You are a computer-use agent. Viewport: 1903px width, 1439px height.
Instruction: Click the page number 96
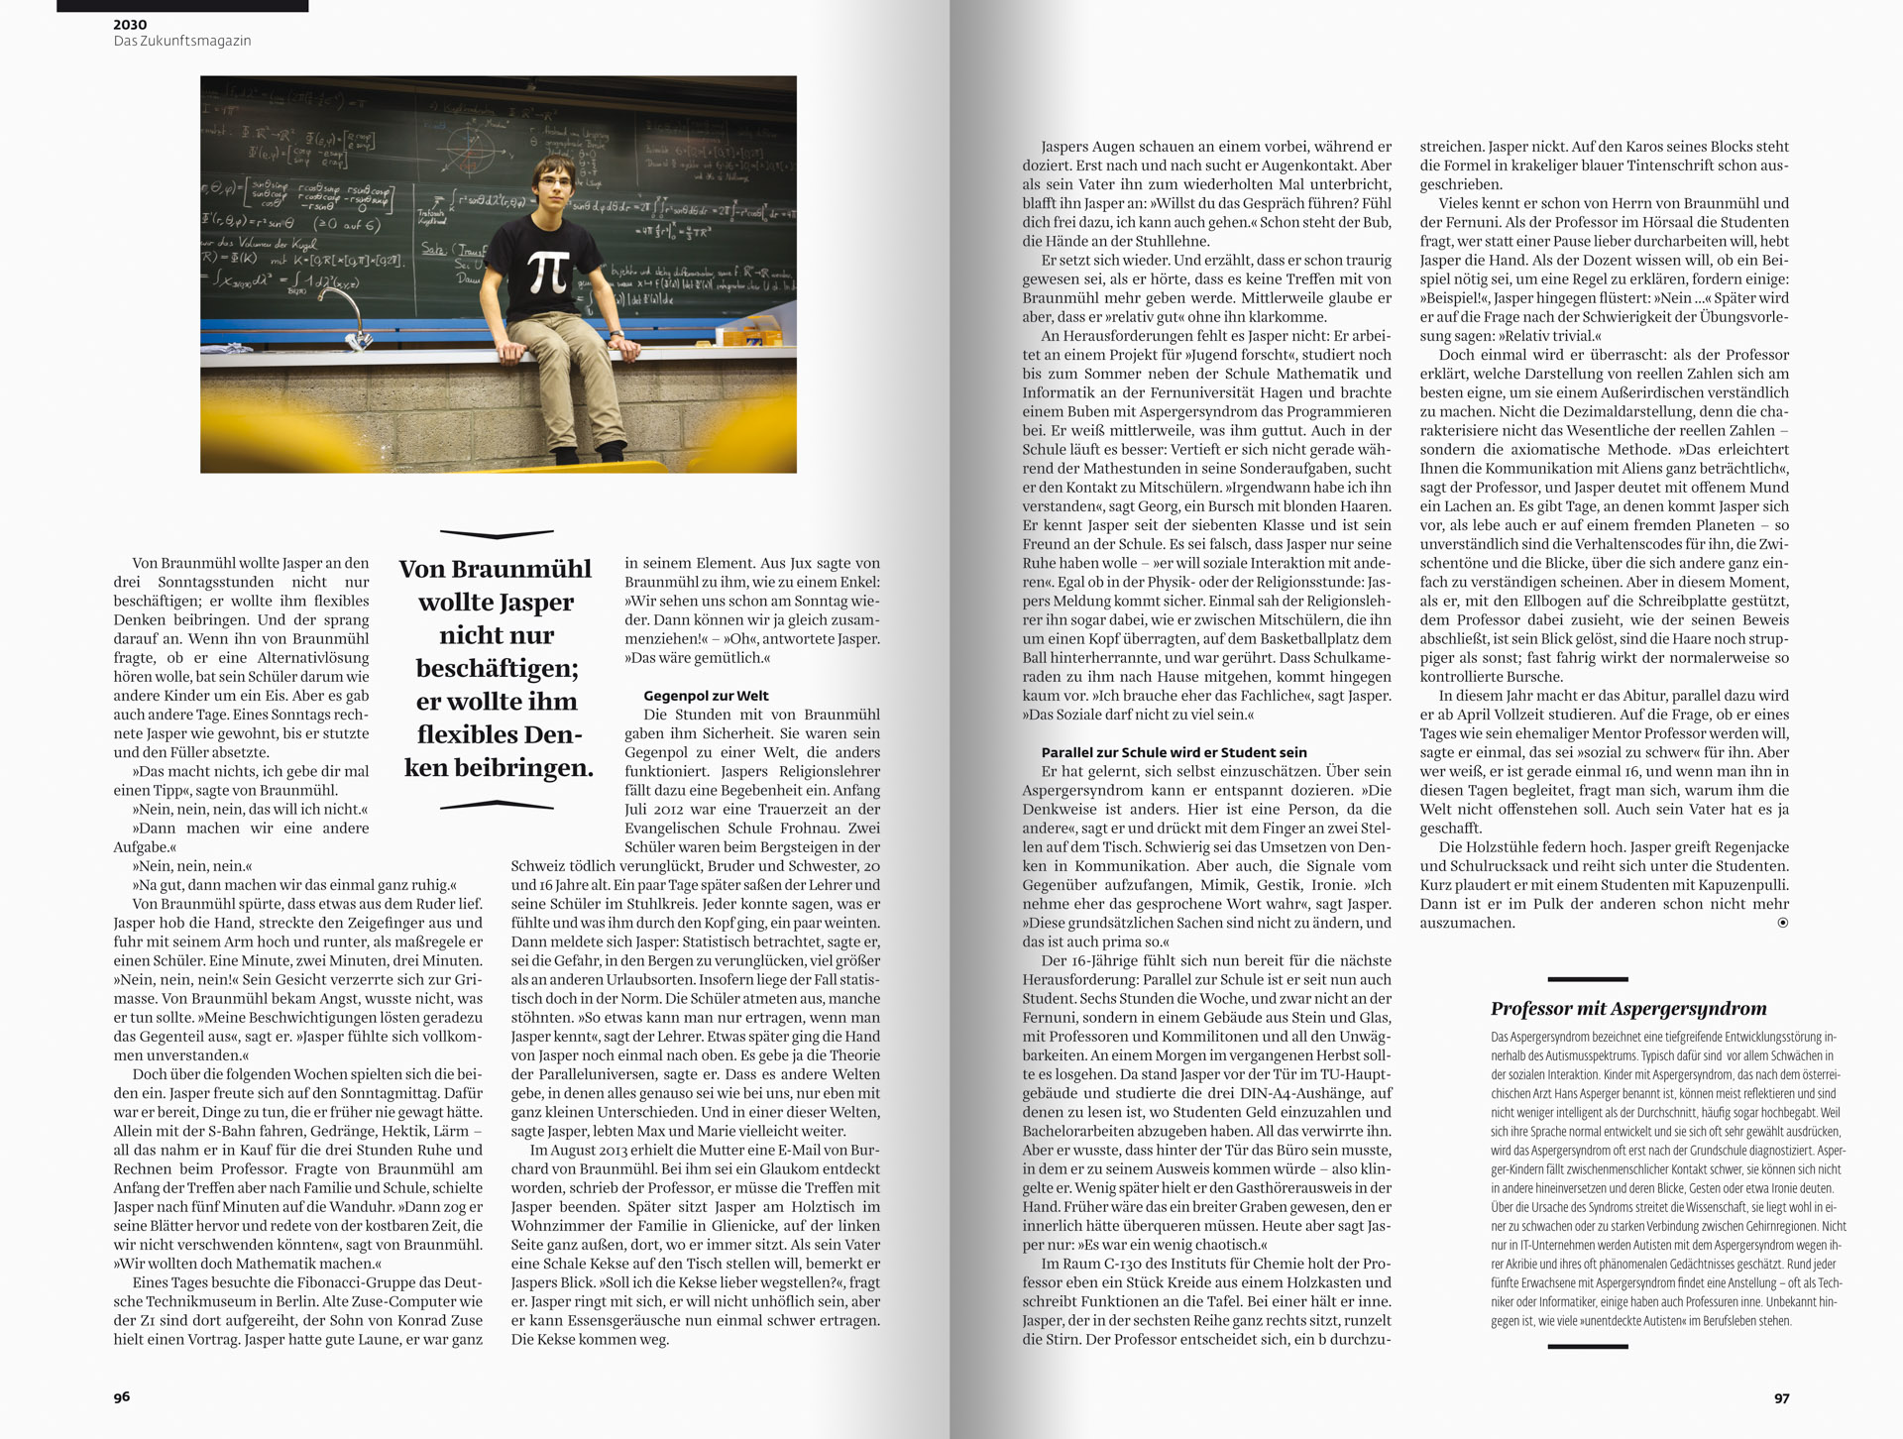[x=122, y=1397]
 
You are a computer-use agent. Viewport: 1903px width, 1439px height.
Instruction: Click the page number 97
[x=1781, y=1398]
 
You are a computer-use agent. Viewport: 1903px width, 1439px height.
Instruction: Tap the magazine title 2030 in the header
[x=130, y=24]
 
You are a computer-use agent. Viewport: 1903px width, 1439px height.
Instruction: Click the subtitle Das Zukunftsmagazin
[x=182, y=41]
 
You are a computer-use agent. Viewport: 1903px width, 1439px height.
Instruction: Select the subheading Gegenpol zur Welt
[x=706, y=696]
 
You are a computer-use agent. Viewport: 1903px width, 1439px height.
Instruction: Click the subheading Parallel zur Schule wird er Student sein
[x=1174, y=752]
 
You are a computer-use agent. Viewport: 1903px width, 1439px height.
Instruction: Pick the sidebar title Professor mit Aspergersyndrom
[x=1628, y=1009]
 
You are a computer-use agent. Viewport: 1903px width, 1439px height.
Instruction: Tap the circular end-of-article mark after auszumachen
[x=1783, y=923]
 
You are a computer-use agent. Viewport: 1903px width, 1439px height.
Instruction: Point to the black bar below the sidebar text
[x=1587, y=1347]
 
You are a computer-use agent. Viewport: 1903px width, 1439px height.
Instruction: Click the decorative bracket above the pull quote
[x=496, y=534]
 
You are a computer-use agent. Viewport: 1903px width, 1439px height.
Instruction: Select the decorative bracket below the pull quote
[x=496, y=806]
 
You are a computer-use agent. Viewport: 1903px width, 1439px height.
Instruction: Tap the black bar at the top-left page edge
[x=182, y=6]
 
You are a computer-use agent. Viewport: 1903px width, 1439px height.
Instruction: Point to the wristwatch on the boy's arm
[x=616, y=334]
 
